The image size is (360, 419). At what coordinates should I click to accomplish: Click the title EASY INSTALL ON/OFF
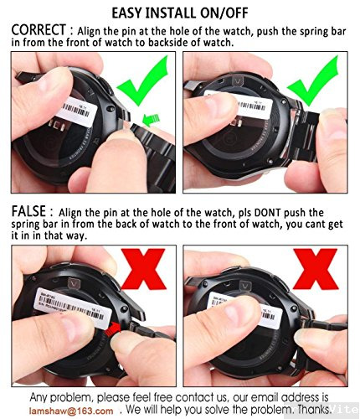(x=180, y=12)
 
